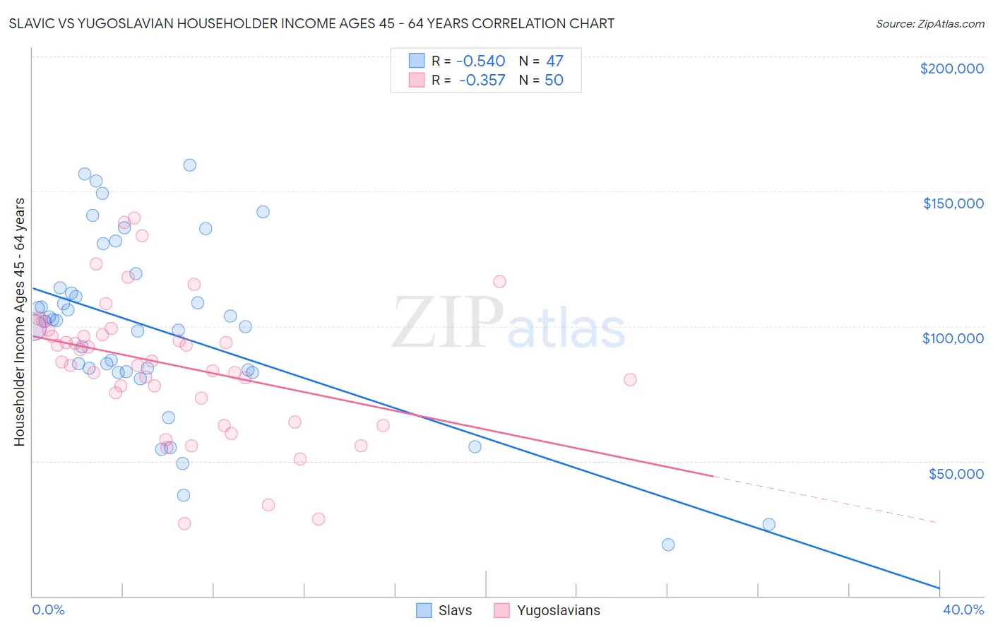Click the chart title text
click(311, 23)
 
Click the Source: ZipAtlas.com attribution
click(929, 23)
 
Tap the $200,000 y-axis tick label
click(951, 69)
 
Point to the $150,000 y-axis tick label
click(953, 203)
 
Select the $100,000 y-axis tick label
click(953, 338)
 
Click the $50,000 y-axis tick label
click(956, 473)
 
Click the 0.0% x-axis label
click(48, 610)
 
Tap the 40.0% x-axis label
click(963, 610)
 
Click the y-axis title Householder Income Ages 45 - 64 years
click(19, 322)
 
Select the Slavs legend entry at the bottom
click(444, 610)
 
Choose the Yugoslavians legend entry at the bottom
click(547, 610)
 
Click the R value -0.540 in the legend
click(482, 61)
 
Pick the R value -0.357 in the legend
click(482, 81)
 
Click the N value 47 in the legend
click(554, 61)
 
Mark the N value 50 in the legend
click(554, 81)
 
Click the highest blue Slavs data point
click(189, 165)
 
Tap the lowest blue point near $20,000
click(668, 545)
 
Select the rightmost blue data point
click(768, 524)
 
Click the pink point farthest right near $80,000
click(630, 380)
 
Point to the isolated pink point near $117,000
click(499, 282)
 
